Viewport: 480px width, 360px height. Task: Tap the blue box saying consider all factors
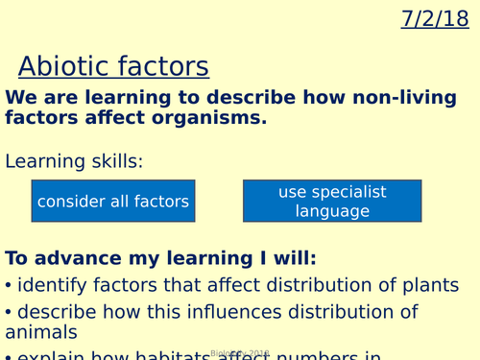pos(113,202)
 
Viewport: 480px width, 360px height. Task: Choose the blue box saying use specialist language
pos(332,202)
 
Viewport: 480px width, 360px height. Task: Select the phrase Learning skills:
pos(74,161)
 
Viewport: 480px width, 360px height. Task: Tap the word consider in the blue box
pos(71,202)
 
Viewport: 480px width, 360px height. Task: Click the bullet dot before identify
pos(9,286)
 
